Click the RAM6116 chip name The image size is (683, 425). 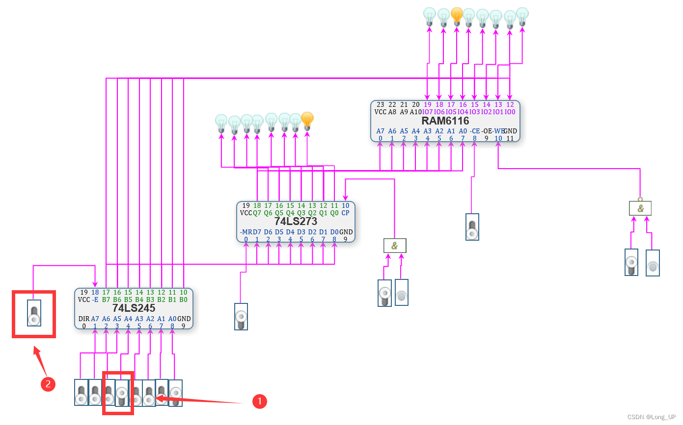pyautogui.click(x=445, y=121)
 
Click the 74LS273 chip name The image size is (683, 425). pyautogui.click(x=296, y=222)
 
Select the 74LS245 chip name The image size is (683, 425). pyautogui.click(x=134, y=308)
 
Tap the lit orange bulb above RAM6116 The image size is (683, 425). pyautogui.click(x=457, y=17)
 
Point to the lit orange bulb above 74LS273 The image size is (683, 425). pyautogui.click(x=307, y=121)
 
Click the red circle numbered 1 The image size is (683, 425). pyautogui.click(x=259, y=401)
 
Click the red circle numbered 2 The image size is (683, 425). pyautogui.click(x=48, y=384)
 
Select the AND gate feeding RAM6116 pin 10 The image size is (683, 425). pyautogui.click(x=640, y=208)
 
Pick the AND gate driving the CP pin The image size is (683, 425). pyautogui.click(x=395, y=246)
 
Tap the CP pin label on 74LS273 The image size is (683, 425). pyautogui.click(x=345, y=213)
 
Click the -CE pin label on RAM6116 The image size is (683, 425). pyautogui.click(x=474, y=131)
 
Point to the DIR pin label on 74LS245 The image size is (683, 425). pyautogui.click(x=84, y=319)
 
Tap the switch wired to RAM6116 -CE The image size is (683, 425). pyautogui.click(x=472, y=227)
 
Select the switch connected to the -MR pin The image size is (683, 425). pyautogui.click(x=241, y=317)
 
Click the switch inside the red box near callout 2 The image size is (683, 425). pyautogui.click(x=34, y=313)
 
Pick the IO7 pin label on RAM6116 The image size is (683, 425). pyautogui.click(x=428, y=112)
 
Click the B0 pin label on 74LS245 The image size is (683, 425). pyautogui.click(x=183, y=300)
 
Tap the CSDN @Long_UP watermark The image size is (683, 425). pyautogui.click(x=652, y=417)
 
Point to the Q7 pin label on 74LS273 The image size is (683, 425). pyautogui.click(x=257, y=213)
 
